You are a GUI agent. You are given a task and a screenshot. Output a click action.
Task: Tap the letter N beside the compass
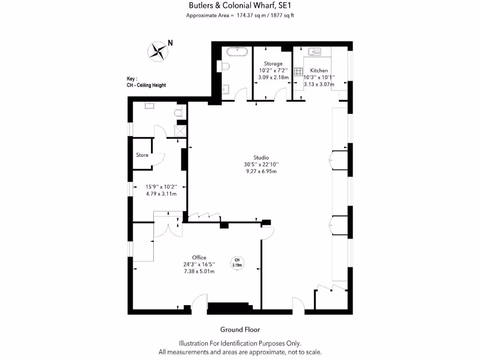coord(170,43)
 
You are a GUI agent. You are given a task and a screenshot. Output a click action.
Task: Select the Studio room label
coord(262,157)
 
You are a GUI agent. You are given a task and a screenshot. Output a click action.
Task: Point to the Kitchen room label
coord(319,71)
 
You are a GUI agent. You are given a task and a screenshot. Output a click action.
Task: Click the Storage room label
coord(273,64)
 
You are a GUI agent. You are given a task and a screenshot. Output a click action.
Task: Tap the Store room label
coord(142,155)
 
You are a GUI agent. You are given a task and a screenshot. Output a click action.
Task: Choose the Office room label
coord(199,257)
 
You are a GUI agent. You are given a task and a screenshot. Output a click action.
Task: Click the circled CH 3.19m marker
coord(237,262)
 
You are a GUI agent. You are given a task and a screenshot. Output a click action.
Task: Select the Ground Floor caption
coord(240,330)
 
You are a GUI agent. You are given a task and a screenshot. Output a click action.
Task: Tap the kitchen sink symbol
coord(314,51)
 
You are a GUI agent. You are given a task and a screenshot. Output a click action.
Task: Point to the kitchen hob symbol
coord(299,72)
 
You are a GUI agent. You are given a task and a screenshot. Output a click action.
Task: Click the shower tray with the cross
coord(180,131)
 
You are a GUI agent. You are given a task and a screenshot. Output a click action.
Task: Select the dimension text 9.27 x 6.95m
coord(262,171)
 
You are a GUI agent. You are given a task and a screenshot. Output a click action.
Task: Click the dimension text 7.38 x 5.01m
coord(199,271)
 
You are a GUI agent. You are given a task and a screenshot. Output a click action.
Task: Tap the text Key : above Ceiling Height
coord(132,79)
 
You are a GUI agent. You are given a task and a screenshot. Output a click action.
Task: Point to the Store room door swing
coord(158,159)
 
